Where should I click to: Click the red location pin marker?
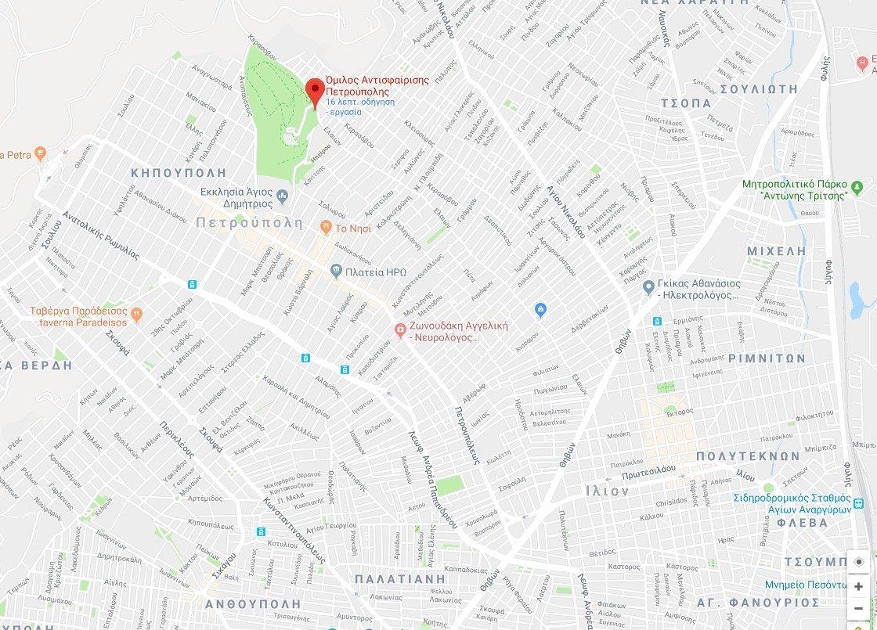pyautogui.click(x=315, y=92)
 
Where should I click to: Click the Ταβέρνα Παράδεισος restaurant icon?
pyautogui.click(x=137, y=314)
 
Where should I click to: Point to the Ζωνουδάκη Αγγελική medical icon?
pyautogui.click(x=399, y=331)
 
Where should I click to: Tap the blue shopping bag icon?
pyautogui.click(x=540, y=311)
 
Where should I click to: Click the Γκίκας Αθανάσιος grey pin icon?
pyautogui.click(x=648, y=288)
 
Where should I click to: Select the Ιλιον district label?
pyautogui.click(x=607, y=491)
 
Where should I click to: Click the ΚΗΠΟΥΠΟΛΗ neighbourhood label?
pyautogui.click(x=179, y=172)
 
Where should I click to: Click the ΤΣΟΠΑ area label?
pyautogui.click(x=686, y=103)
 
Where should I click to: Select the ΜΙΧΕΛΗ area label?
pyautogui.click(x=776, y=250)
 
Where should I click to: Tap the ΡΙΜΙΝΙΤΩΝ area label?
pyautogui.click(x=766, y=358)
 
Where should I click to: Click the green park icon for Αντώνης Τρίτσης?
pyautogui.click(x=858, y=187)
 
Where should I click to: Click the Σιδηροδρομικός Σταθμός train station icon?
pyautogui.click(x=860, y=502)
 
